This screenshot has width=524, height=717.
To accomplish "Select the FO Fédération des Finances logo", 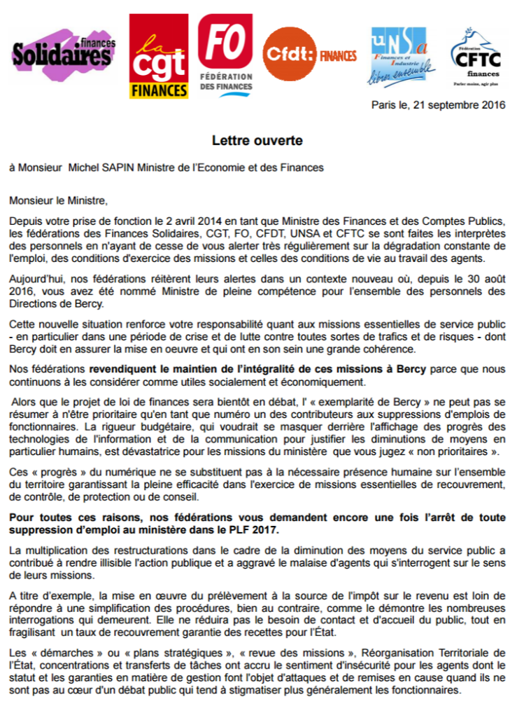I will pos(225,55).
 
